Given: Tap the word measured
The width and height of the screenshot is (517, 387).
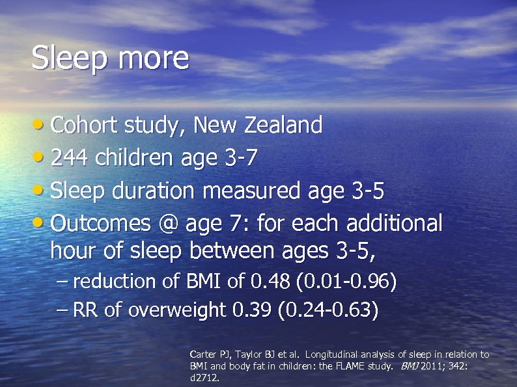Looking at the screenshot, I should point(251,191).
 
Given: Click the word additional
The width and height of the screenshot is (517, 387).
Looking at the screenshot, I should point(395,224).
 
